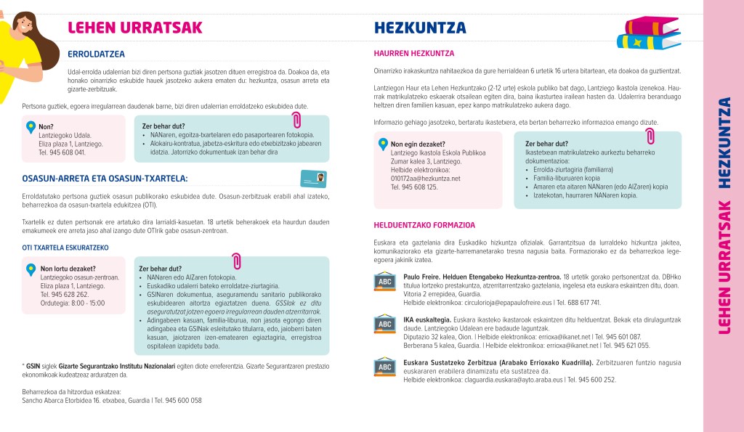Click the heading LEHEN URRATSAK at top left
point(134,28)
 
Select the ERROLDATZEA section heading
point(96,54)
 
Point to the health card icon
point(312,179)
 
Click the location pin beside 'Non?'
point(30,127)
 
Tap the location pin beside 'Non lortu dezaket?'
point(31,270)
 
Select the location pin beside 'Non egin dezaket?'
point(382,144)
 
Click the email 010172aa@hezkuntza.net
point(425,179)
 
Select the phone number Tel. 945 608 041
point(62,152)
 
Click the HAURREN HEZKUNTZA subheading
point(413,54)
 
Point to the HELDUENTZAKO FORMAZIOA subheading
point(424,225)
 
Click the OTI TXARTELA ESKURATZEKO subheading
point(65,248)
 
